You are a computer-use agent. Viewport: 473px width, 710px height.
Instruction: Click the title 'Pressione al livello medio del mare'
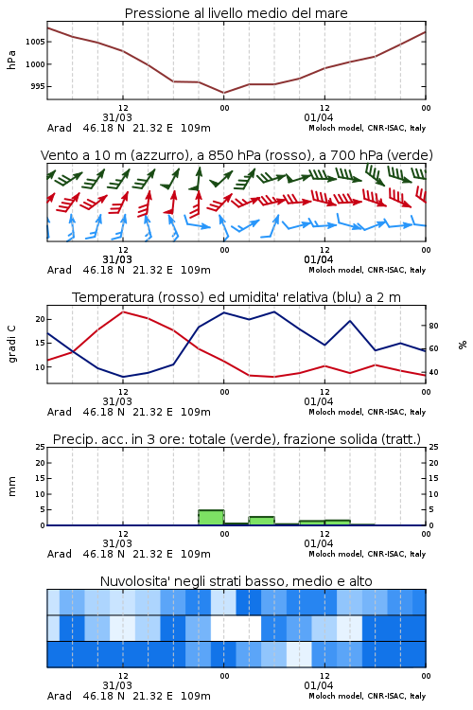[x=236, y=13]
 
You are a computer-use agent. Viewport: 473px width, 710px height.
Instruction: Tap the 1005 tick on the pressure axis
[x=35, y=42]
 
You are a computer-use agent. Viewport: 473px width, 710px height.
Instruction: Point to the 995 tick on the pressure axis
[x=38, y=86]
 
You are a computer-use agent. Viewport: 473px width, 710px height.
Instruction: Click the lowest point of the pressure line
[x=223, y=93]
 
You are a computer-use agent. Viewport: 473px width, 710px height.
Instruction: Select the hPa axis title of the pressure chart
[x=11, y=60]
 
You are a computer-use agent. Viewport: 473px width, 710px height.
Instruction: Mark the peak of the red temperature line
[x=123, y=311]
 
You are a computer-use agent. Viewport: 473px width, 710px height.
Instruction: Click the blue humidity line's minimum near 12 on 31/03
[x=123, y=377]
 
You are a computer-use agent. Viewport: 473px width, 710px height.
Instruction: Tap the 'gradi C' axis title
[x=11, y=345]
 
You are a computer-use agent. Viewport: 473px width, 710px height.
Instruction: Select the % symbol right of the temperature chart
[x=463, y=345]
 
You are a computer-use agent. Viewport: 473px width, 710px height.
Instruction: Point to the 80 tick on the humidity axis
[x=433, y=326]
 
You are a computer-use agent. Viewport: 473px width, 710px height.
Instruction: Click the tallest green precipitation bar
[x=211, y=518]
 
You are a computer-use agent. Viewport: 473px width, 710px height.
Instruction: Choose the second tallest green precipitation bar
[x=262, y=521]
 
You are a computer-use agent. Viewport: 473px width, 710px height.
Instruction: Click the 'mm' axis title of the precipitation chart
[x=11, y=487]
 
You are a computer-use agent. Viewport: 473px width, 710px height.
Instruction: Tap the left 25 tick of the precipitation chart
[x=41, y=448]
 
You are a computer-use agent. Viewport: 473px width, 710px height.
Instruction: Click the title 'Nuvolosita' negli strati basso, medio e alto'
[x=236, y=581]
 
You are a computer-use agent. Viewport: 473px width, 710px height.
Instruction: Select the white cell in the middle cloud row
[x=236, y=628]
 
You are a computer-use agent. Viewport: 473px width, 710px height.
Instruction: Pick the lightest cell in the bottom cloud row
[x=299, y=654]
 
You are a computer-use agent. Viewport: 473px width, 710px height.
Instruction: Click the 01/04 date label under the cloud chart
[x=319, y=685]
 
